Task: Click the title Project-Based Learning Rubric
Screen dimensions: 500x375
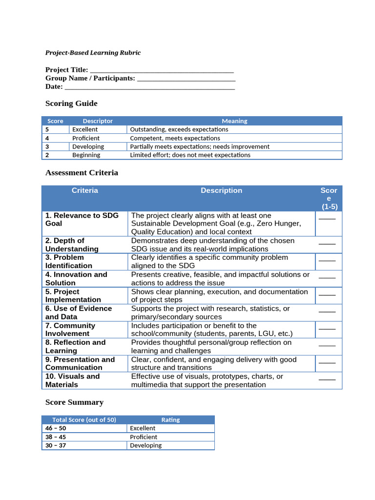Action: pyautogui.click(x=93, y=53)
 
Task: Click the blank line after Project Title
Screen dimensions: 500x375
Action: pyautogui.click(x=162, y=71)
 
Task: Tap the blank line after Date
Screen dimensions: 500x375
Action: pyautogui.click(x=149, y=87)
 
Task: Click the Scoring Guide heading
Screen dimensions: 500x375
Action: pyautogui.click(x=71, y=104)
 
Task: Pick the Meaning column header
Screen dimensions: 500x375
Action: pyautogui.click(x=234, y=121)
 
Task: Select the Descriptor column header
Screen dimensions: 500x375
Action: pyautogui.click(x=98, y=121)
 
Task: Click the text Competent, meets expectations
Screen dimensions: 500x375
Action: pyautogui.click(x=175, y=138)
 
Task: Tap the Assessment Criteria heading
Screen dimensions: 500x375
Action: pyautogui.click(x=82, y=173)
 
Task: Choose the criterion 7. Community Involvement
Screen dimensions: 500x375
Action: pyautogui.click(x=70, y=330)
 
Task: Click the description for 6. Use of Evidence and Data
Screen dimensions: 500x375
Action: pyautogui.click(x=210, y=312)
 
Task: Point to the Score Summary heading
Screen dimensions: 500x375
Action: pyautogui.click(x=74, y=402)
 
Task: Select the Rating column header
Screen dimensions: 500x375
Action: pyautogui.click(x=170, y=420)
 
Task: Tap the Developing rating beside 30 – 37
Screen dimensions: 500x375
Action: pyautogui.click(x=146, y=445)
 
